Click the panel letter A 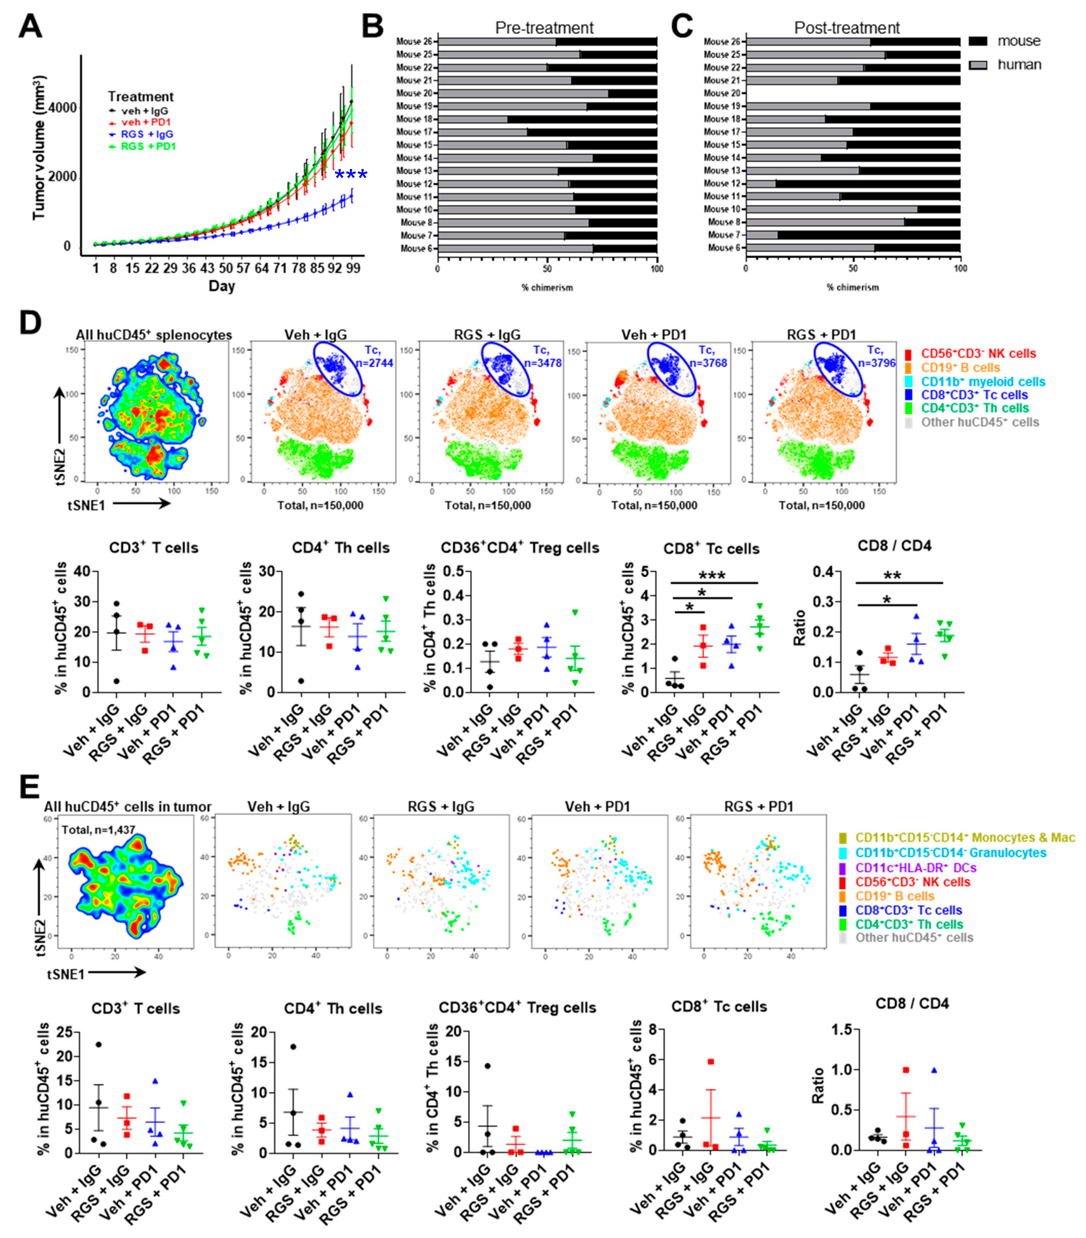pos(30,27)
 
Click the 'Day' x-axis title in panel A pos(222,286)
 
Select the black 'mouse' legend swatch pos(978,41)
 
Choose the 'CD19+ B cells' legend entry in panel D pos(960,368)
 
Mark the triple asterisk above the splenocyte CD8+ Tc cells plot pos(712,575)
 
